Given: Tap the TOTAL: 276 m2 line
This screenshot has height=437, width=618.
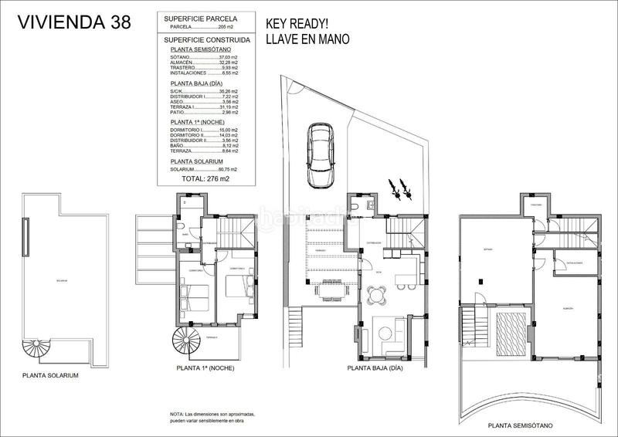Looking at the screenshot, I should (205, 178).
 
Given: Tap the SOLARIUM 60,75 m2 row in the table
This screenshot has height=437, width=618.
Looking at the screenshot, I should (204, 168).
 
